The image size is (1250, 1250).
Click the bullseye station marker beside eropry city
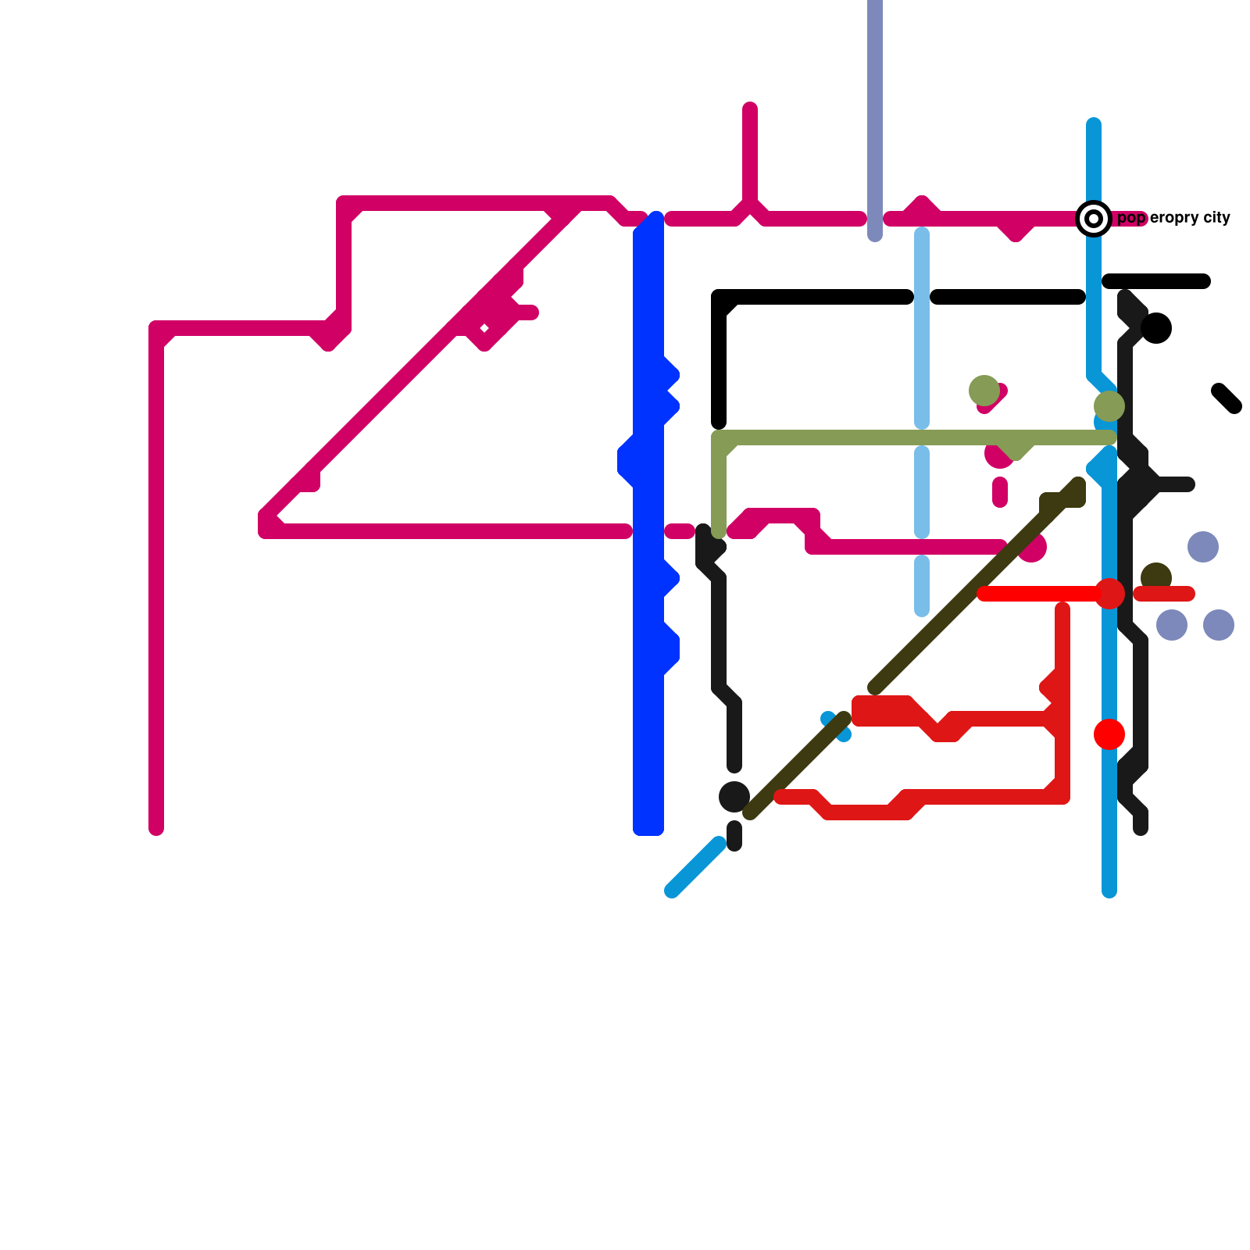(x=1094, y=219)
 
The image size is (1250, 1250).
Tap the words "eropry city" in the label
(x=1190, y=218)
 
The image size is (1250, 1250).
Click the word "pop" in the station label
(x=1131, y=218)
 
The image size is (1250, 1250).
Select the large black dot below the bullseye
(x=1156, y=328)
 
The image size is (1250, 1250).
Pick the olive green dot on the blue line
(x=1109, y=406)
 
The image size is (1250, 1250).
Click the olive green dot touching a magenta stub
(x=984, y=390)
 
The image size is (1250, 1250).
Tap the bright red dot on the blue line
(x=1109, y=734)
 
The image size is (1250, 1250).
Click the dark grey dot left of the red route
(x=734, y=797)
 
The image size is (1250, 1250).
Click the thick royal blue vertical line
(x=648, y=742)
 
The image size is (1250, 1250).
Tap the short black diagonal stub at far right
(x=1227, y=398)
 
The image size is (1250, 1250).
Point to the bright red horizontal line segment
(x=1039, y=595)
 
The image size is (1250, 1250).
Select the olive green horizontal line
(x=859, y=437)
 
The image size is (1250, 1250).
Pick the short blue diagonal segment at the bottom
(x=695, y=867)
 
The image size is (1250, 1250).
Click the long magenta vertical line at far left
(x=156, y=586)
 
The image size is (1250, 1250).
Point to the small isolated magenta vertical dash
(x=1000, y=492)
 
